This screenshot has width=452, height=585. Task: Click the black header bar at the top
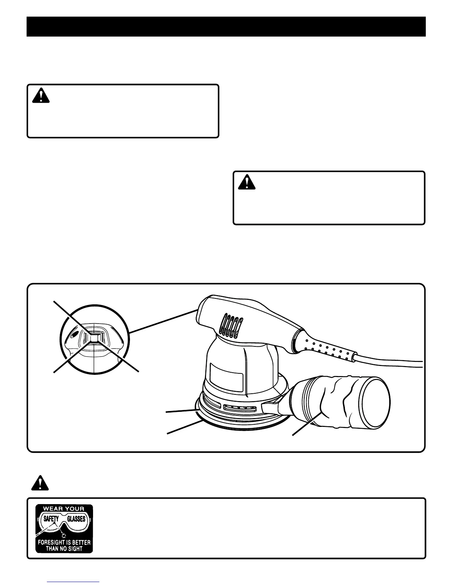(226, 26)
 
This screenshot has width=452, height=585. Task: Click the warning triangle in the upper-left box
(41, 96)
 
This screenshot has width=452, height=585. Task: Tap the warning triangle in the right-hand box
(247, 182)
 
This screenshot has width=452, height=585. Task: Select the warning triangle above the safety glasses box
(40, 483)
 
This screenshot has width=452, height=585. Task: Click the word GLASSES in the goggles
(76, 519)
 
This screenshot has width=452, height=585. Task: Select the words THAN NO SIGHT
(64, 549)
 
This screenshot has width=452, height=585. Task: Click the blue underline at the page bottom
(73, 582)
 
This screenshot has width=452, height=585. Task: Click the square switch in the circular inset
(95, 337)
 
